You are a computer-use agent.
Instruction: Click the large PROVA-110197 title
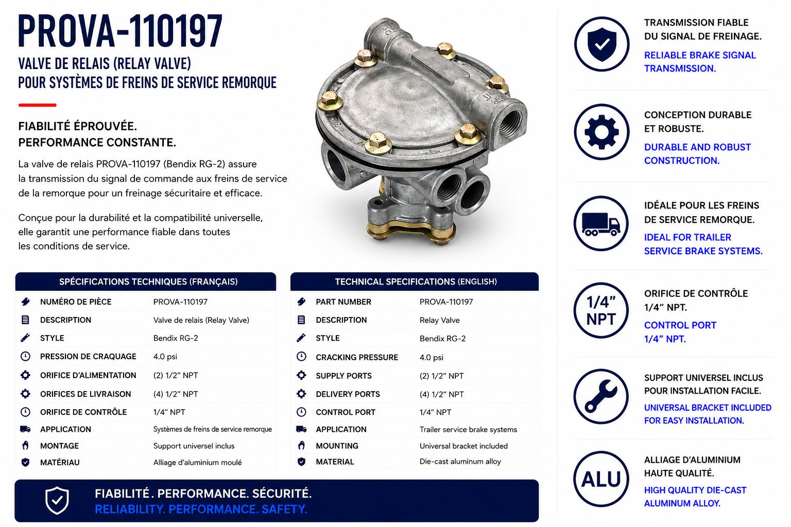(120, 31)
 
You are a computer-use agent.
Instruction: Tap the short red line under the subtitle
(38, 105)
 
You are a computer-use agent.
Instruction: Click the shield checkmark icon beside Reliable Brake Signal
(601, 44)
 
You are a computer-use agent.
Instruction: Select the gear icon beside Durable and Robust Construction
(601, 132)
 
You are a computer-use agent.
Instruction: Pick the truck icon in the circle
(601, 223)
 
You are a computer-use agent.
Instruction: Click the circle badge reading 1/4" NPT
(601, 311)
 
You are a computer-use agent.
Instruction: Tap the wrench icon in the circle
(601, 396)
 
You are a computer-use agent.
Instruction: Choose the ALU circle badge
(601, 479)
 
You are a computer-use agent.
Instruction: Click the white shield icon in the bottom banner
(57, 500)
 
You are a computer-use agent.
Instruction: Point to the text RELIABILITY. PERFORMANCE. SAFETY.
(201, 510)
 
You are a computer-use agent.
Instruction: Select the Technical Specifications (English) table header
(415, 282)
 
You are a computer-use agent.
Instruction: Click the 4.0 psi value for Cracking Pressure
(431, 358)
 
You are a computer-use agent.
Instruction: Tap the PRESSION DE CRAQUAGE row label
(88, 357)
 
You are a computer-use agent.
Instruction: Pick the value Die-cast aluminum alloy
(460, 462)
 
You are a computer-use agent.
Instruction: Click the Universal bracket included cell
(463, 446)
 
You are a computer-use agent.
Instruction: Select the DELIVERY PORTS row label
(348, 394)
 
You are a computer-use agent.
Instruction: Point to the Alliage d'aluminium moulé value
(197, 462)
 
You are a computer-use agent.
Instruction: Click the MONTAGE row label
(59, 446)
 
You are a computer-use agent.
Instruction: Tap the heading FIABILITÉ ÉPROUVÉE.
(78, 126)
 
